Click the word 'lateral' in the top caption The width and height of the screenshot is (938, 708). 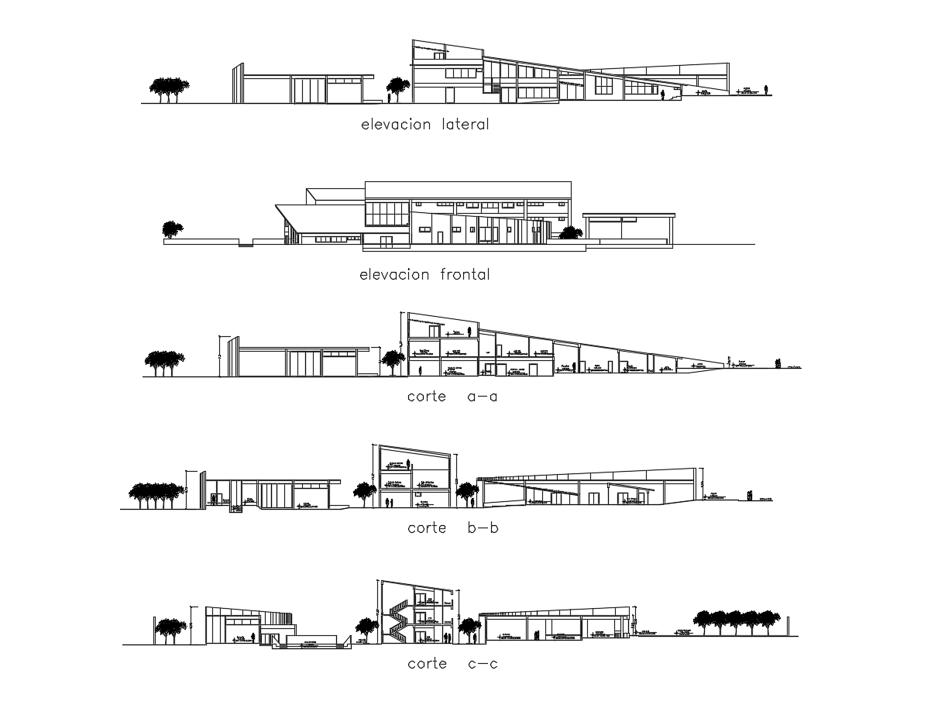pyautogui.click(x=465, y=124)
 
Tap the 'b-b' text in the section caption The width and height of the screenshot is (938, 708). pyautogui.click(x=483, y=528)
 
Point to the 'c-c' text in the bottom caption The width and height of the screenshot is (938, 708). pyautogui.click(x=483, y=664)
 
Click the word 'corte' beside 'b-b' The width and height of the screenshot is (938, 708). pyautogui.click(x=427, y=528)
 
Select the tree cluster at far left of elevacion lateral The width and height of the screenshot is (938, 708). pyautogui.click(x=168, y=88)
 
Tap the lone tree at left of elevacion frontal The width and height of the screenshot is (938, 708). pyautogui.click(x=172, y=230)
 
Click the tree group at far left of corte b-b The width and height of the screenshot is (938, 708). pyautogui.click(x=156, y=495)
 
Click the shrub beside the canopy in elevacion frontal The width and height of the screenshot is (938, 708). pyautogui.click(x=572, y=232)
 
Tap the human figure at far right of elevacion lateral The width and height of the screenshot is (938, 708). pyautogui.click(x=767, y=89)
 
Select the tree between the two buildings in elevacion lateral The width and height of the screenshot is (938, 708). pyautogui.click(x=398, y=88)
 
